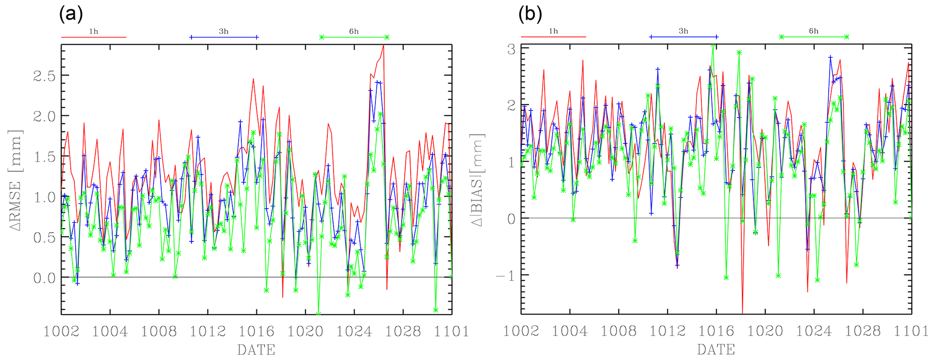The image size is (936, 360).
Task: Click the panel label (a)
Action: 71,15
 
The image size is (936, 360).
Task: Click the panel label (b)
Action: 530,15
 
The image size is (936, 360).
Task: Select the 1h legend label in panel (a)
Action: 93,31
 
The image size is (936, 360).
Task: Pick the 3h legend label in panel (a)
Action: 224,31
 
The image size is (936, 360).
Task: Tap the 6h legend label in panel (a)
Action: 354,31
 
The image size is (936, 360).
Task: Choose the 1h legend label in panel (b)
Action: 553,31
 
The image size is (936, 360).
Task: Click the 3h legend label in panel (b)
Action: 683,31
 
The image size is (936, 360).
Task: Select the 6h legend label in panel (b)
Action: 814,31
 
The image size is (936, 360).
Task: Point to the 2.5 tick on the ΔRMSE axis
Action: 44,76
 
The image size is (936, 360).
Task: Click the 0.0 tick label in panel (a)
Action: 44,278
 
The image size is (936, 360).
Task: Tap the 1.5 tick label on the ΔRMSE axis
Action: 44,157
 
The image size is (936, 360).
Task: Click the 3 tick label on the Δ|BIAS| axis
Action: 511,49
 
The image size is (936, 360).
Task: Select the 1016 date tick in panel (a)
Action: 256,331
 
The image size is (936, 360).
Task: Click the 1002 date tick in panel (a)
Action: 62,331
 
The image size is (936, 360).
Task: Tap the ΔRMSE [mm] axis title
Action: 17,179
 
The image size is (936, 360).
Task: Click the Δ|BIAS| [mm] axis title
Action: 478,180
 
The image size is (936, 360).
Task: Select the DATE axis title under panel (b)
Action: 716,350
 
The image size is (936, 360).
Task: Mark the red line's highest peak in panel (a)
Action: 384,45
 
